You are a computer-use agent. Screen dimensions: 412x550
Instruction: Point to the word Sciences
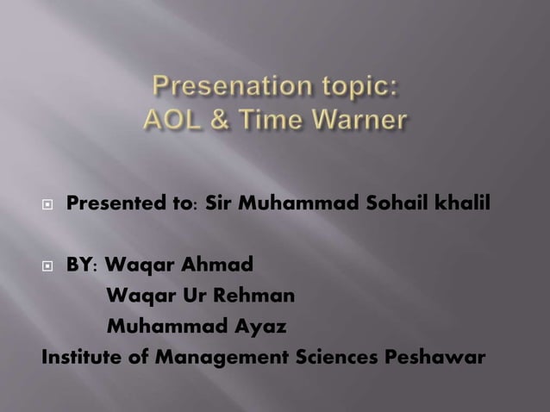(x=333, y=357)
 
